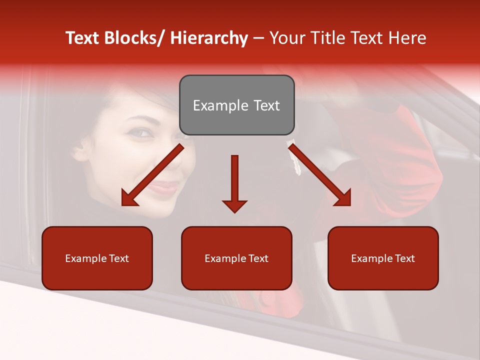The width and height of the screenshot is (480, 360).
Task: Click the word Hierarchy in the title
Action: [x=208, y=38]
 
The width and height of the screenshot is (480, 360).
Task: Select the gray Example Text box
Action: [x=236, y=105]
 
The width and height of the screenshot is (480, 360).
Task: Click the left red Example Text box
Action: [x=97, y=258]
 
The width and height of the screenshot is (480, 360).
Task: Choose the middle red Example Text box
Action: [x=236, y=258]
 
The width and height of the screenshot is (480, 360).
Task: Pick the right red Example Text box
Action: [x=383, y=258]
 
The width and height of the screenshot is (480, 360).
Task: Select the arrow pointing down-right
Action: [x=320, y=175]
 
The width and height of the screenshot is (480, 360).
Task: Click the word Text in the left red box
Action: [x=119, y=258]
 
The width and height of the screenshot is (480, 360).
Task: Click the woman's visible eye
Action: [x=141, y=133]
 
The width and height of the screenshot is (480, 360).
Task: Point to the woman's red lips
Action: [x=162, y=188]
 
